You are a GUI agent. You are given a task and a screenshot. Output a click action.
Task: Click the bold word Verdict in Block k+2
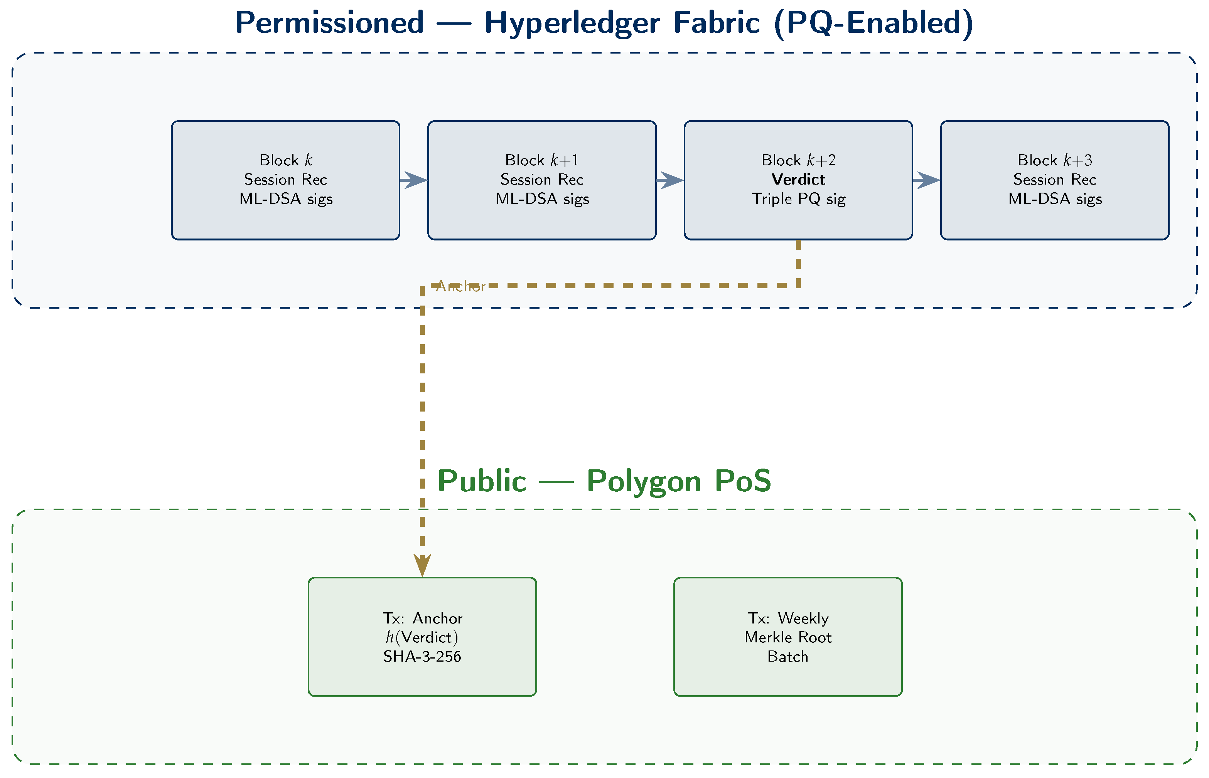(x=798, y=179)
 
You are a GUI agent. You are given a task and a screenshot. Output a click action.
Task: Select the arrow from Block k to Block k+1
(x=413, y=180)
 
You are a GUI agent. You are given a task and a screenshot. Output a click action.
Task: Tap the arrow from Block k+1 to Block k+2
(x=670, y=180)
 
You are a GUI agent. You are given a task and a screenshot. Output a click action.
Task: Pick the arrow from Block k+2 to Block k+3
(x=926, y=180)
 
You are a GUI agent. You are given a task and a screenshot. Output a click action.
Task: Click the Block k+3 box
(x=1054, y=222)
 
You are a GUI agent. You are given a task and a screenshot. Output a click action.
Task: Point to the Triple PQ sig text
(x=798, y=198)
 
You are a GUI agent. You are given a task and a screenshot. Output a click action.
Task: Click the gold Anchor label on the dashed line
(x=460, y=286)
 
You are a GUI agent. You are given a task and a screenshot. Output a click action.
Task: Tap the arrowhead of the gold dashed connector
(x=422, y=565)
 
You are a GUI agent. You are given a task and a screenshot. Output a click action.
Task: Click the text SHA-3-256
(x=422, y=656)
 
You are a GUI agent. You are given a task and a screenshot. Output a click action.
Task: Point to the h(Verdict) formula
(x=422, y=637)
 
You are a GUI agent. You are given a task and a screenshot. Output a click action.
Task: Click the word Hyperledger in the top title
(x=572, y=23)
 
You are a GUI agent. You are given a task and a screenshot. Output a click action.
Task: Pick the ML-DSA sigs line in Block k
(x=286, y=198)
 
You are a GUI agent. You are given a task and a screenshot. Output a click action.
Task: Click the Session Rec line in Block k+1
(x=542, y=179)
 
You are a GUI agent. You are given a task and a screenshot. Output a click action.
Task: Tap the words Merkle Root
(x=787, y=637)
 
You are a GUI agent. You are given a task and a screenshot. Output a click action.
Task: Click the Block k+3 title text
(x=1054, y=160)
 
